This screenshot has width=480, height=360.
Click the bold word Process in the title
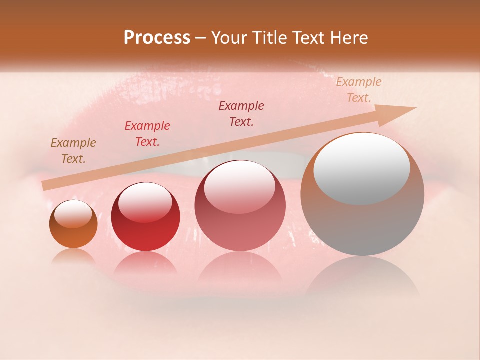click(157, 38)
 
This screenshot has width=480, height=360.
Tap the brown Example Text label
click(73, 151)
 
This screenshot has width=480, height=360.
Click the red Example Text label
click(147, 134)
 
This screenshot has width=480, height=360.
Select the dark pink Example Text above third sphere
click(241, 114)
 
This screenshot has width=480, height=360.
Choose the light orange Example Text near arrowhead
click(359, 90)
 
